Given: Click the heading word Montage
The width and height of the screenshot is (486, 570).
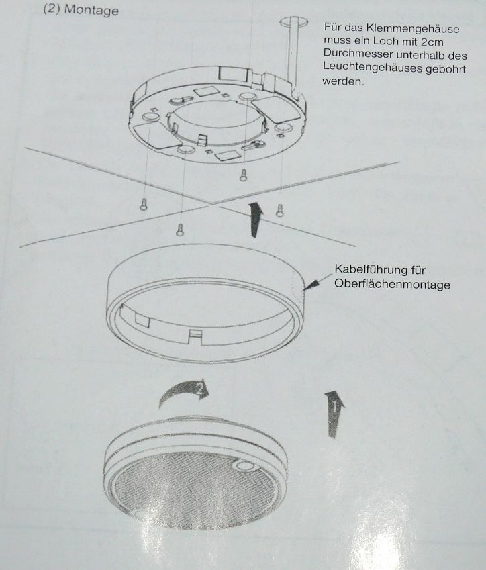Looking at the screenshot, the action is point(91,10).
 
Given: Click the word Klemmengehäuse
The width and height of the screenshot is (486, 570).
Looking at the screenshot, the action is point(413,28).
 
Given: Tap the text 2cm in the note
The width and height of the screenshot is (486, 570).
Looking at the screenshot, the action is point(432,42).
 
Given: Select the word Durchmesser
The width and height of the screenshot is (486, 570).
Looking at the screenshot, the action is point(358,54).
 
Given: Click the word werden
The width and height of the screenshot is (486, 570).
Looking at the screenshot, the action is point(343,81).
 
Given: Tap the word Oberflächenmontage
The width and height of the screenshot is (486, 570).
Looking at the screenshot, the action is point(392,284).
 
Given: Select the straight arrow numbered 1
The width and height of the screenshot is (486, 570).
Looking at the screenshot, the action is point(334,414).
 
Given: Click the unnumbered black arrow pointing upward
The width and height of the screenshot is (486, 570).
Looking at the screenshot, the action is point(256,220).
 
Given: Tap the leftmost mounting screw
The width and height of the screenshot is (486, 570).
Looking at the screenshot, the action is point(144,204).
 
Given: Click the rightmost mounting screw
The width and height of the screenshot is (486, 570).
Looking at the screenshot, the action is point(279,210).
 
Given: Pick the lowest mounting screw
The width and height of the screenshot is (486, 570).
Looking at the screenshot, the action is point(180,230).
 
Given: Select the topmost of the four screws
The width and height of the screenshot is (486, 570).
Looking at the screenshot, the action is point(243,175).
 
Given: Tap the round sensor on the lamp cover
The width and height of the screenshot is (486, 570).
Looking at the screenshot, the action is point(244,466).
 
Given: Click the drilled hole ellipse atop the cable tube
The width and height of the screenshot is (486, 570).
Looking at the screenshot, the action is point(293,21).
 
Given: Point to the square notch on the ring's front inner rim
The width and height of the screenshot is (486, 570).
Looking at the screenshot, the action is point(195,336).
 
